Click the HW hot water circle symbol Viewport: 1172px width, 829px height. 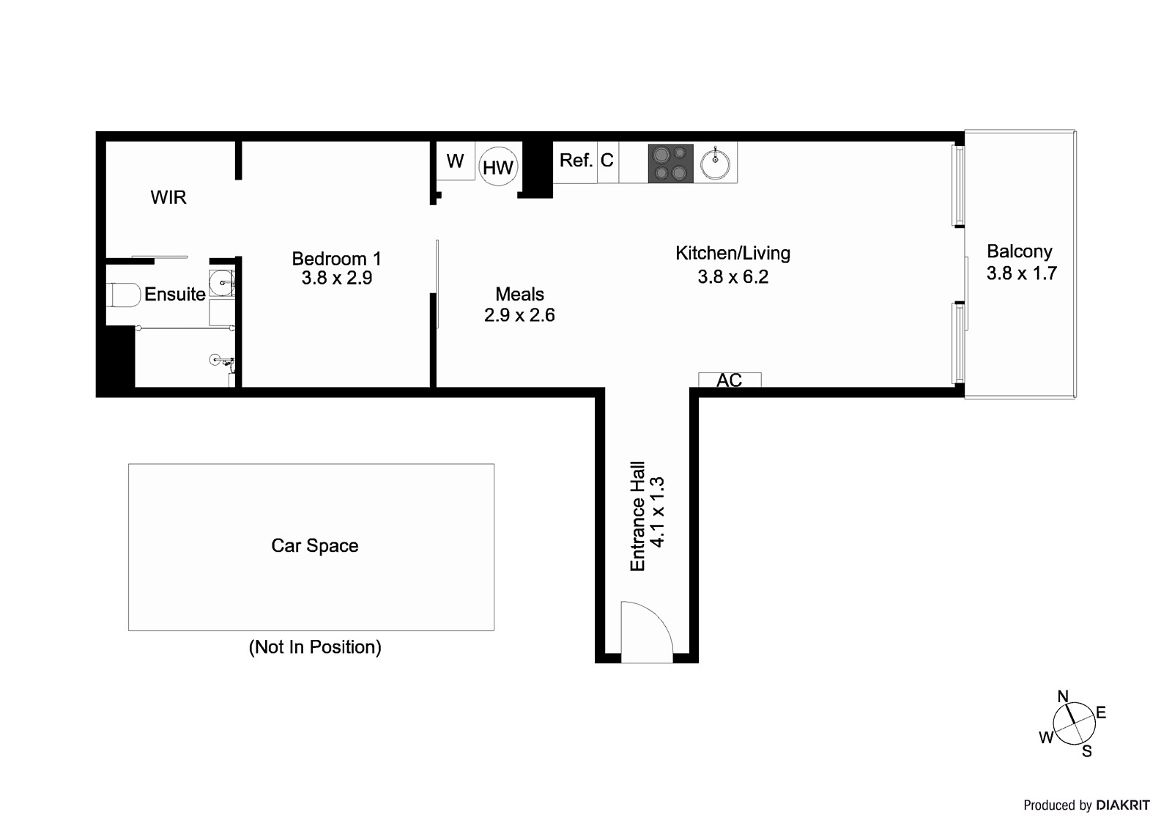click(x=498, y=167)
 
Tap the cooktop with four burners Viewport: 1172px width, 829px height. click(x=670, y=163)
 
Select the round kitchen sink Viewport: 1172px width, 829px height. click(x=714, y=163)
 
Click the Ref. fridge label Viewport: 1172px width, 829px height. click(x=576, y=161)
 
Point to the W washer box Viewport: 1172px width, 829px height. click(x=455, y=161)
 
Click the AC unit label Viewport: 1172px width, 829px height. click(x=729, y=380)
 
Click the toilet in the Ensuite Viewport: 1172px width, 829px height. click(x=124, y=295)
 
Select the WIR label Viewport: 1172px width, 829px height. click(x=168, y=197)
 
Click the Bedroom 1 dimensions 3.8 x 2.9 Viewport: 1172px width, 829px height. click(x=337, y=279)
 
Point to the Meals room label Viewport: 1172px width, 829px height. click(x=519, y=295)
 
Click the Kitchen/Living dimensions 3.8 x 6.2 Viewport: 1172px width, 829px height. click(x=732, y=277)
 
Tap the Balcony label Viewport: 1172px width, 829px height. click(x=1019, y=251)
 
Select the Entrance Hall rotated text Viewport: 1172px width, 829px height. click(x=638, y=516)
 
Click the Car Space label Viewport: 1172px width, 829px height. click(x=315, y=546)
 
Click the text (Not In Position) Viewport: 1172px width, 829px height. click(x=315, y=647)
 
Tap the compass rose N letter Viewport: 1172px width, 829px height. click(x=1063, y=696)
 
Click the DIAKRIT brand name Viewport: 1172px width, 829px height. click(x=1123, y=806)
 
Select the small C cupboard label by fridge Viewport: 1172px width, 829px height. click(x=607, y=161)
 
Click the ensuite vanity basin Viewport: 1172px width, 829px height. click(x=221, y=281)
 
